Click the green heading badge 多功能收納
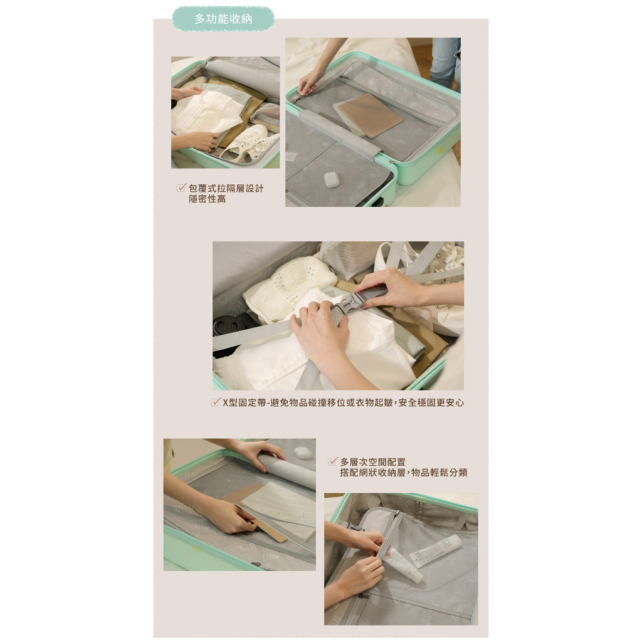(223, 19)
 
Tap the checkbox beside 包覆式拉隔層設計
(181, 187)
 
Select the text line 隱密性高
(207, 199)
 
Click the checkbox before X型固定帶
(216, 402)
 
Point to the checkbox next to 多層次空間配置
(333, 461)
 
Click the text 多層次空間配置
(372, 462)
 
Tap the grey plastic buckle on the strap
(349, 303)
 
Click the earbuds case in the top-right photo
(331, 180)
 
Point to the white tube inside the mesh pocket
(436, 550)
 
